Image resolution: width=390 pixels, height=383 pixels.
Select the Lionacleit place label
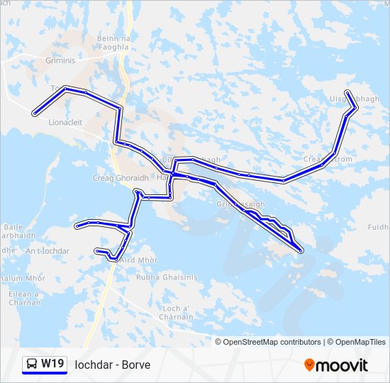click(65, 122)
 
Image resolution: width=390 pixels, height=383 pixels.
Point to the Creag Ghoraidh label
click(120, 178)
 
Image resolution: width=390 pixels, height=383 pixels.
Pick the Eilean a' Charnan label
click(26, 298)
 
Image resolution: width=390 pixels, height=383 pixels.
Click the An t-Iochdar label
click(48, 251)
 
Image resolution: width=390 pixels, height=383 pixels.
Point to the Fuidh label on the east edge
click(379, 228)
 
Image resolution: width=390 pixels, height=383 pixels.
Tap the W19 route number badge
click(52, 364)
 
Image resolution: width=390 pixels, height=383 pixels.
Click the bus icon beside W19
click(32, 364)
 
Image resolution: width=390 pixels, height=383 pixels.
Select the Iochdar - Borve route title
click(113, 365)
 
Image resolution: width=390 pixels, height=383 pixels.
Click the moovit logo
click(336, 365)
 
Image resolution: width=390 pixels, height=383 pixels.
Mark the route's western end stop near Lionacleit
click(34, 113)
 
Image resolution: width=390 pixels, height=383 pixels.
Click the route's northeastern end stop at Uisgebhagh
click(347, 92)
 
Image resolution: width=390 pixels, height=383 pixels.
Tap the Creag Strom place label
click(328, 159)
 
